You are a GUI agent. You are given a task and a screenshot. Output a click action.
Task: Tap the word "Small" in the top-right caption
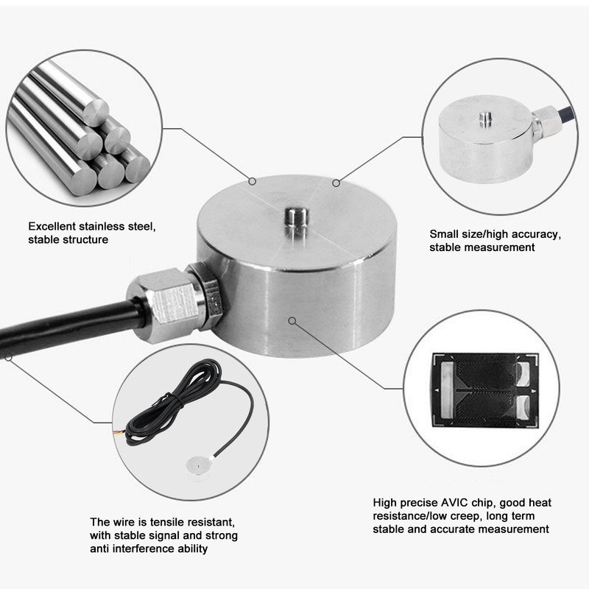pyautogui.click(x=444, y=234)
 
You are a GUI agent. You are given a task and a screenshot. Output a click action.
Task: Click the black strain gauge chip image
pyautogui.click(x=484, y=389)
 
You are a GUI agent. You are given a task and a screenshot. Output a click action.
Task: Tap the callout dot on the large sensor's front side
pyautogui.click(x=292, y=320)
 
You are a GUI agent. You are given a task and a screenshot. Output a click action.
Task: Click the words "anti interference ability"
pyautogui.click(x=149, y=549)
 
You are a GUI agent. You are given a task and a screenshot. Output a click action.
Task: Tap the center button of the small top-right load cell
pyautogui.click(x=485, y=116)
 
